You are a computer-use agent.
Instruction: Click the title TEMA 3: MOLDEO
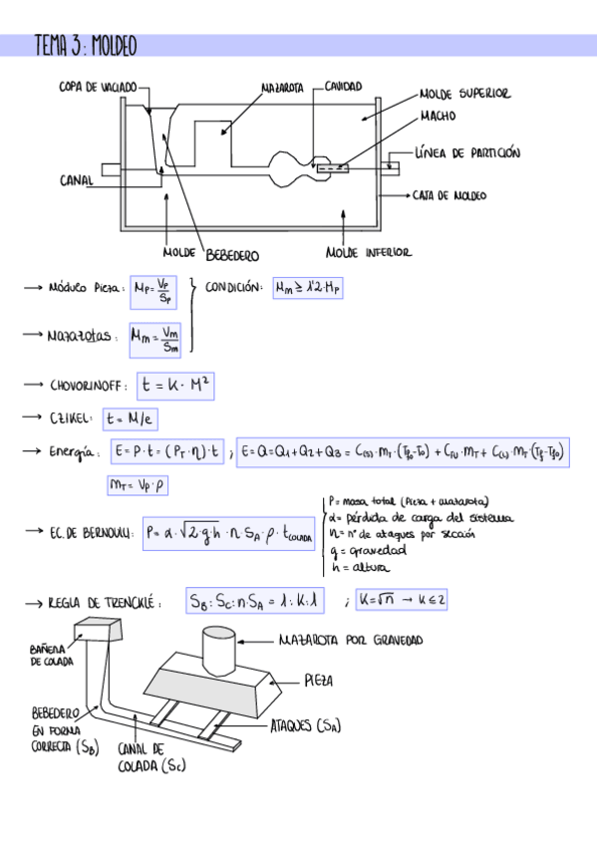(85, 46)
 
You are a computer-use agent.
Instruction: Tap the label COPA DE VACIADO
(97, 88)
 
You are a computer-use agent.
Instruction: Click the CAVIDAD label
(343, 87)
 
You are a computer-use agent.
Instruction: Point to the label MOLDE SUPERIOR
(464, 94)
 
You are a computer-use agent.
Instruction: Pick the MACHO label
(438, 117)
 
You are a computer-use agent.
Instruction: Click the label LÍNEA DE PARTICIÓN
(467, 153)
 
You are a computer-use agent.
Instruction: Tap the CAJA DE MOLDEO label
(449, 196)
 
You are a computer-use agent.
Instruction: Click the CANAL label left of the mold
(77, 180)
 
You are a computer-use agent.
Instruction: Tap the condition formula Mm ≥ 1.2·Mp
(309, 288)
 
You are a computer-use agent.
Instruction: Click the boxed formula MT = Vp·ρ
(137, 486)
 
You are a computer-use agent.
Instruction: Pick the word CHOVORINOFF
(90, 385)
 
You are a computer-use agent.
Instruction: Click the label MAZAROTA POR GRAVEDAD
(351, 640)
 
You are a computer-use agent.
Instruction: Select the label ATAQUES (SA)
(305, 727)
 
